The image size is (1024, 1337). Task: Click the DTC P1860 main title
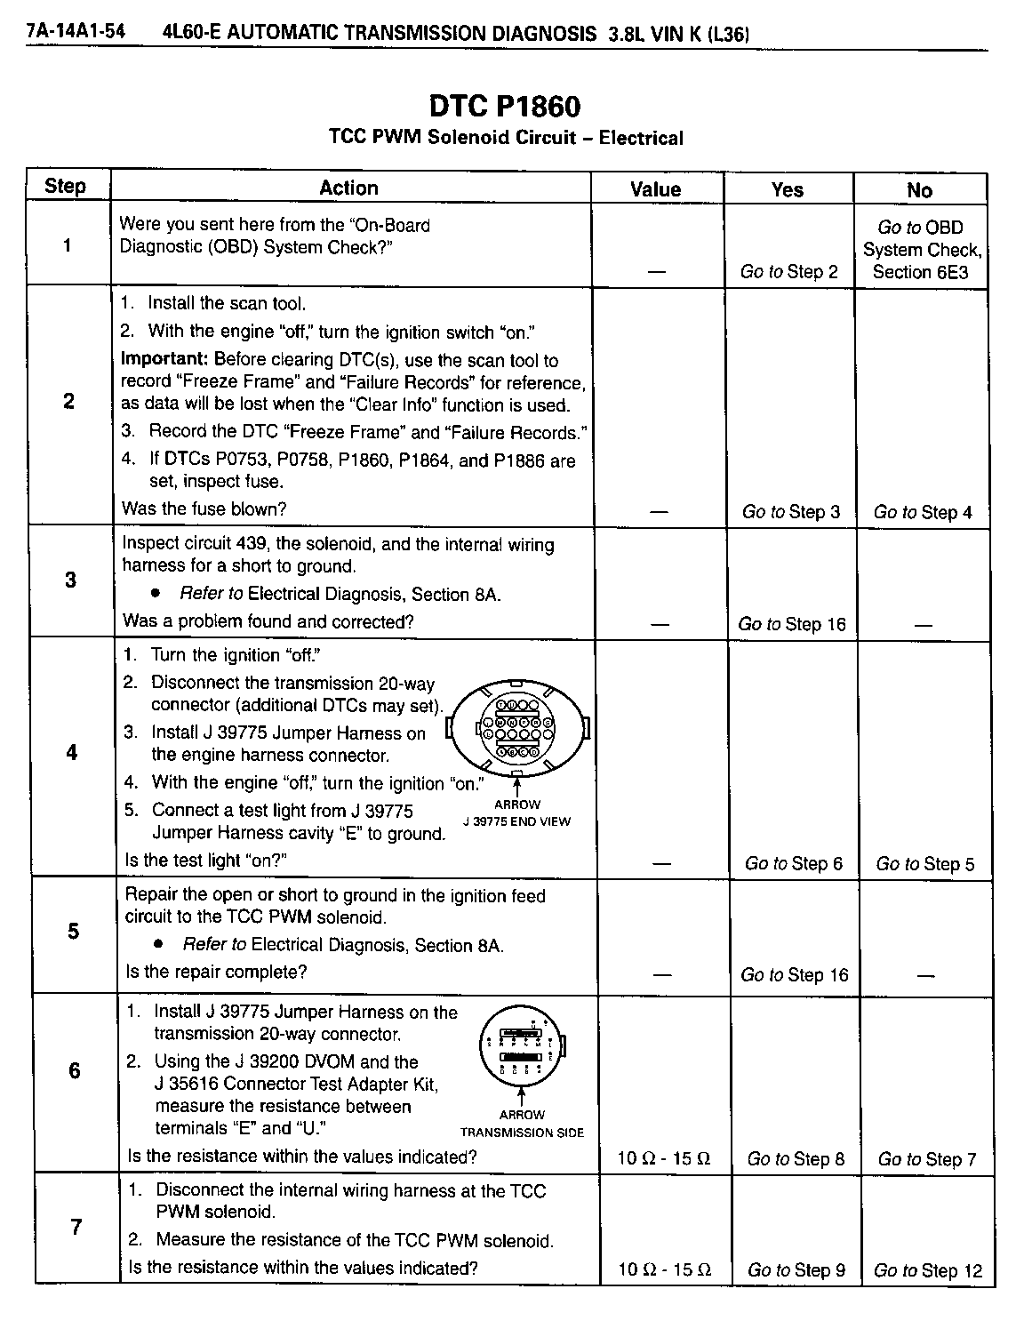[x=505, y=107]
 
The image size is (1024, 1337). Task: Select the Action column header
[x=349, y=188]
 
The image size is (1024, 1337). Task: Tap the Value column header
[x=655, y=189]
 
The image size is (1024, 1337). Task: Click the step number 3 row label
[x=70, y=580]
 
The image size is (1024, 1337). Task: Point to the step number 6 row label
[x=74, y=1070]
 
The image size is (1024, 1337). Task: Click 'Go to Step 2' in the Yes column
[x=788, y=272]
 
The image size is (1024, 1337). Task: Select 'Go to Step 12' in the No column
[x=928, y=1271]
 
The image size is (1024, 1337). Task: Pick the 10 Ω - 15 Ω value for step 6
[x=664, y=1158]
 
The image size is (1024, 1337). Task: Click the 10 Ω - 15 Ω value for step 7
[x=664, y=1270]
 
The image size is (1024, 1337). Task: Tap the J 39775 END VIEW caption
[x=517, y=821]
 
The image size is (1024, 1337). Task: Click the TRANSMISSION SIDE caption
[x=522, y=1133]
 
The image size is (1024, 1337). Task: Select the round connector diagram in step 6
[x=522, y=1051]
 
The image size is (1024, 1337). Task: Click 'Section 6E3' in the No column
[x=921, y=272]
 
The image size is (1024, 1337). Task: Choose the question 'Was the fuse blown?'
[x=204, y=509]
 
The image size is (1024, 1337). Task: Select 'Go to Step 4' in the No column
[x=923, y=512]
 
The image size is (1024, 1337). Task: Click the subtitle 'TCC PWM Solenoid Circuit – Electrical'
[x=506, y=138]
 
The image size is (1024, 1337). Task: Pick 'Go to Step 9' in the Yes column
[x=796, y=1270]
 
